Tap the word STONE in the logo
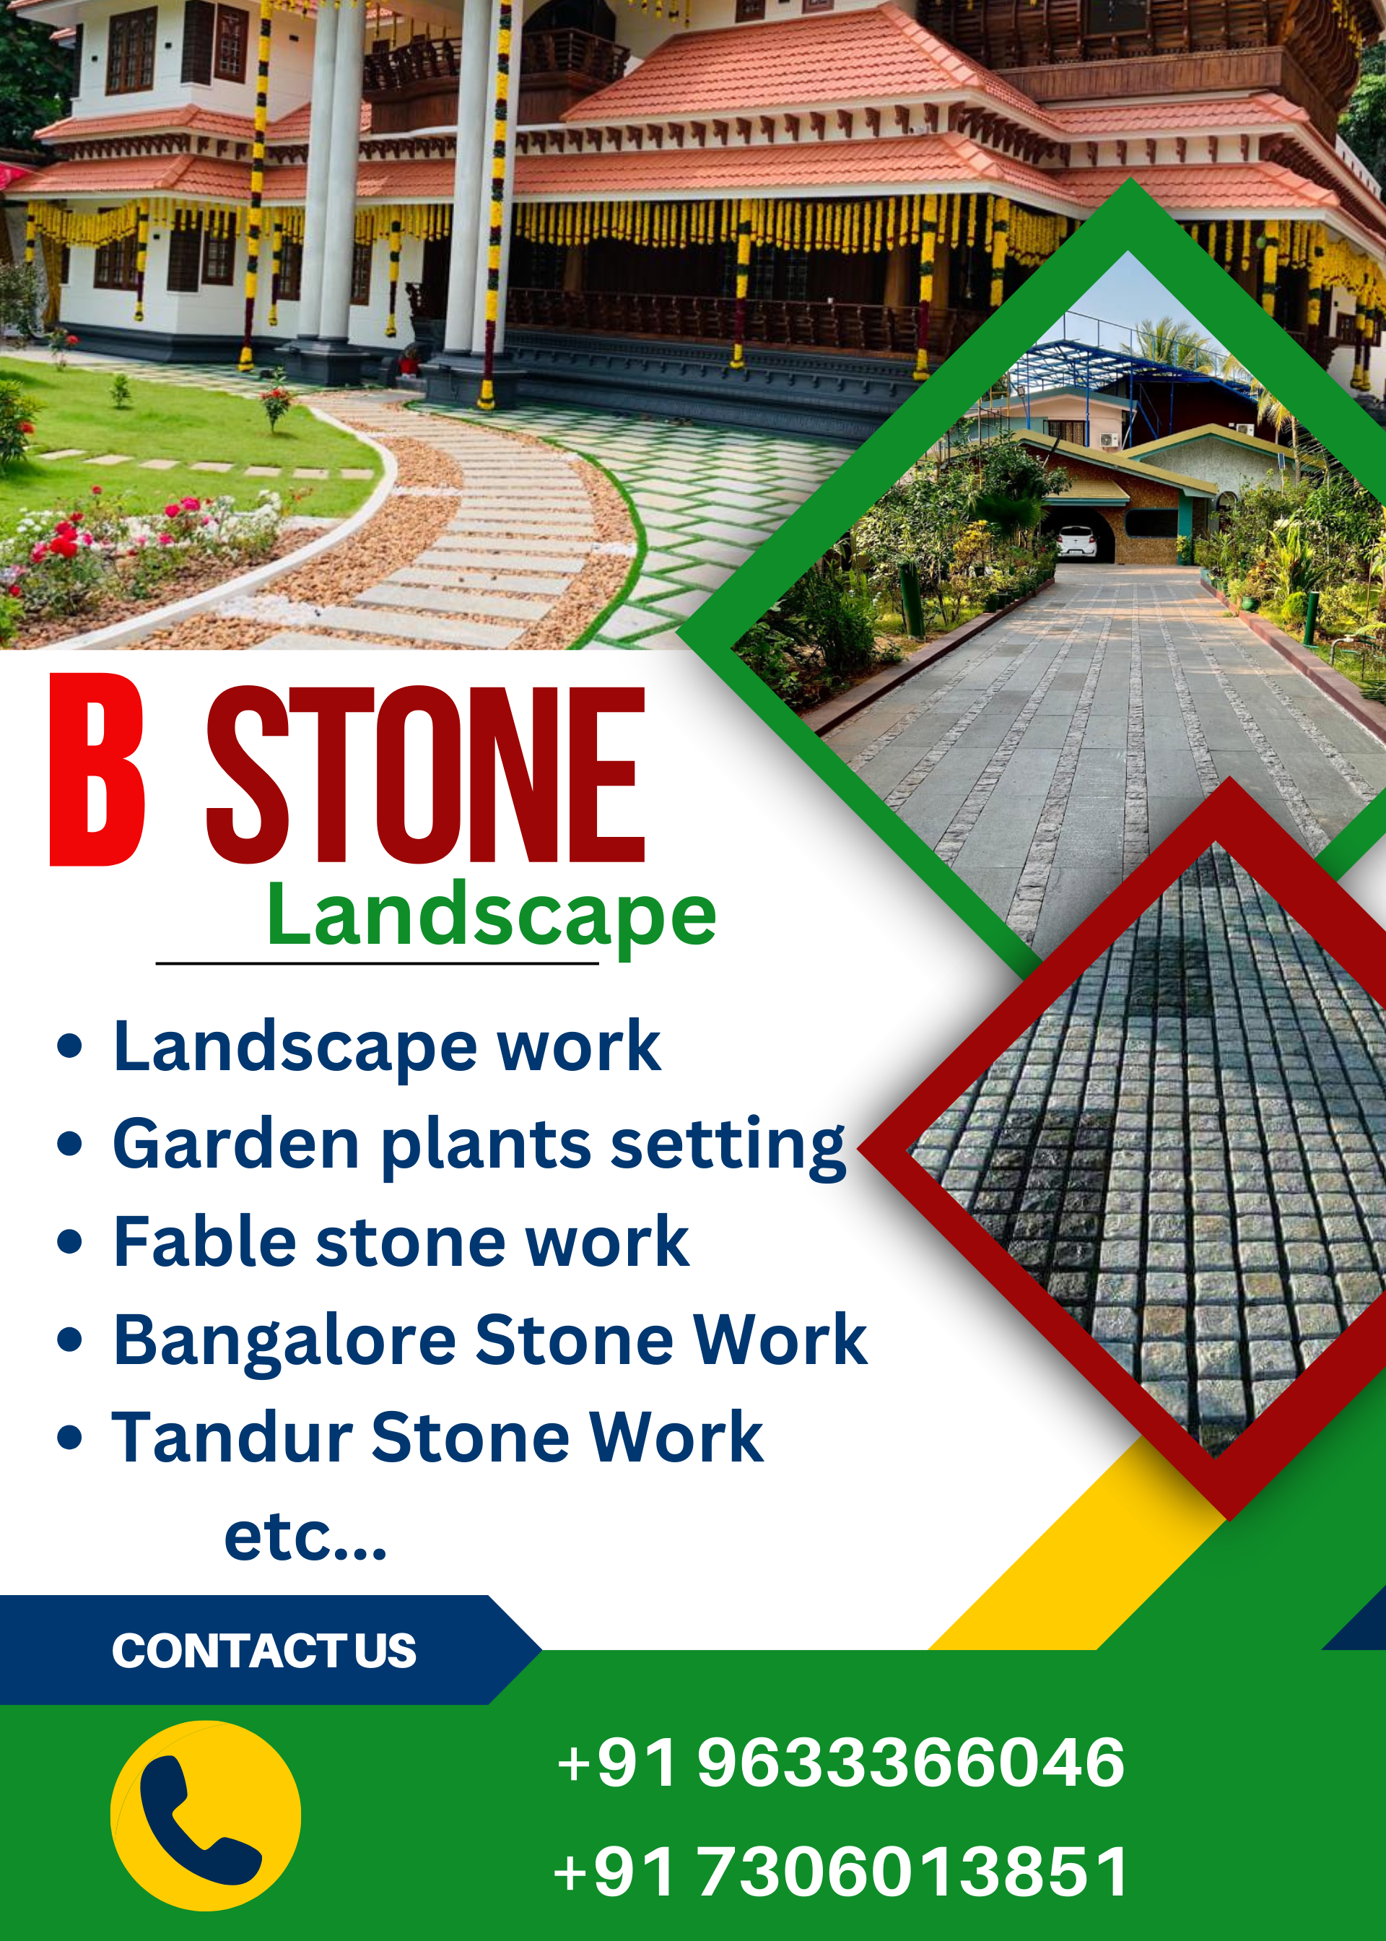coord(425,774)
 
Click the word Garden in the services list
coord(236,1145)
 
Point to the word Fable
coord(205,1242)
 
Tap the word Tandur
coord(232,1438)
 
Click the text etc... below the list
coord(305,1537)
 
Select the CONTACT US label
coord(263,1651)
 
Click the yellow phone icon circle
coord(206,1815)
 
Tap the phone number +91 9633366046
coord(841,1763)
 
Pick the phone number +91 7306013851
coord(842,1872)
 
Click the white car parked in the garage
coord(1077,540)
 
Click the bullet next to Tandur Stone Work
coord(69,1438)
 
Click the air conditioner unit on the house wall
coord(1110,440)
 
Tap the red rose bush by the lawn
coord(64,547)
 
